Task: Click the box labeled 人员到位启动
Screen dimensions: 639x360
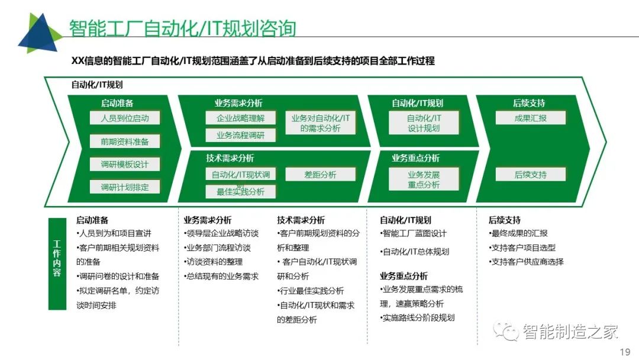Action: coord(125,118)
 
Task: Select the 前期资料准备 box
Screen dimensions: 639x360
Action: coord(125,142)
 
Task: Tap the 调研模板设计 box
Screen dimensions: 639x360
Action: coord(125,164)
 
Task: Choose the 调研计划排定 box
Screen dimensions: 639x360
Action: coord(125,187)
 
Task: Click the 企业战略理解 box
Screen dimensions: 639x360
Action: coord(240,118)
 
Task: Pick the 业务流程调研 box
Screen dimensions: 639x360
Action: coord(240,136)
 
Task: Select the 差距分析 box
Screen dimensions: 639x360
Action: coord(320,175)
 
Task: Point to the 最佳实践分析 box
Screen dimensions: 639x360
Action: coord(240,192)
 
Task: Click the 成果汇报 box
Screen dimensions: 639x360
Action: coord(531,118)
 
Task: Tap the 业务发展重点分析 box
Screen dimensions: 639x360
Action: coord(424,179)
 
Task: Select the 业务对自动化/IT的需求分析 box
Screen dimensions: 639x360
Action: coord(320,123)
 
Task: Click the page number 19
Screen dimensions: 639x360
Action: coord(625,352)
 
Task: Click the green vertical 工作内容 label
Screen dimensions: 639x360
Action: coord(57,263)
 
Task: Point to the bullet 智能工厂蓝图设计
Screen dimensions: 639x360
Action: coord(413,234)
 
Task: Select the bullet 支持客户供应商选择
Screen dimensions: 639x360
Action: coord(526,262)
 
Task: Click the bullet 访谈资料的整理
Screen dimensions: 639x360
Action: coord(213,262)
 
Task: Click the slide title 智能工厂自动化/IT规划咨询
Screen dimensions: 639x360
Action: coord(182,28)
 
